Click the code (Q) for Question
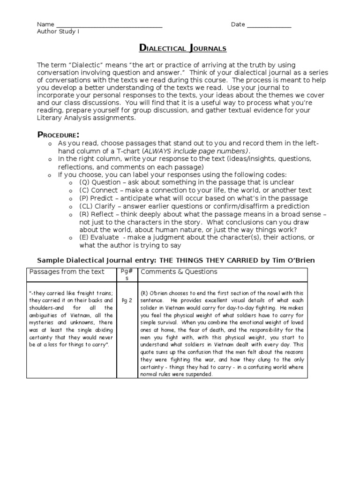[x=84, y=182]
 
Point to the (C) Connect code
[x=84, y=190]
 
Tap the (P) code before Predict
[x=84, y=198]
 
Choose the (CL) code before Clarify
[x=86, y=206]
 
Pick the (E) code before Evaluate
[x=84, y=238]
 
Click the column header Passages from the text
[x=67, y=272]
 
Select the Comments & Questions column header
[x=179, y=272]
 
